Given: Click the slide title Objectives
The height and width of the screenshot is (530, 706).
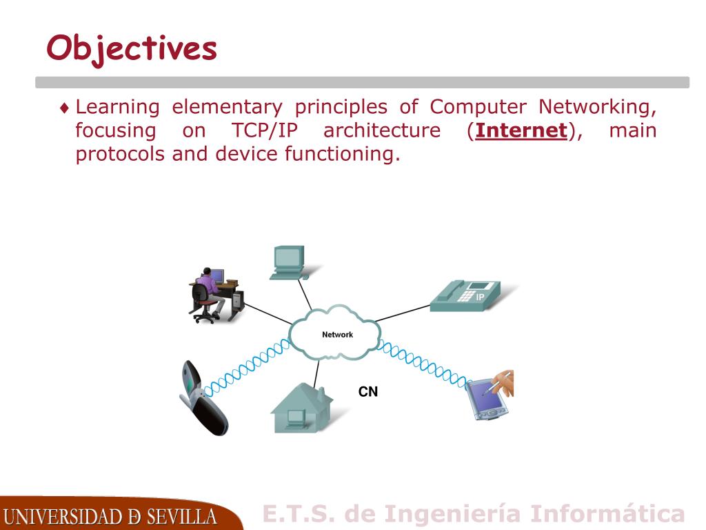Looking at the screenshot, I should [x=132, y=48].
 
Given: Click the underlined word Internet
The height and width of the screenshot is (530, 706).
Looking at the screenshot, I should [x=521, y=130].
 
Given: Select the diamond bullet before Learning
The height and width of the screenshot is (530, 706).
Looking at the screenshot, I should [x=64, y=108].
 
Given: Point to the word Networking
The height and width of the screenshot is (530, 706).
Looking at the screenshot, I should [x=597, y=107].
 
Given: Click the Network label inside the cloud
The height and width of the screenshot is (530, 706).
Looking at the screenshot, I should [x=337, y=335].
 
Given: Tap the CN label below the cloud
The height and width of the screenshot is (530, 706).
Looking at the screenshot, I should [x=368, y=392].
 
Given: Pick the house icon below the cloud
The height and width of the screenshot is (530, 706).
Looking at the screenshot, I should [x=301, y=409].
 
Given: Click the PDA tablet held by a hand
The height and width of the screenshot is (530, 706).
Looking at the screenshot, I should [x=488, y=398].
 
